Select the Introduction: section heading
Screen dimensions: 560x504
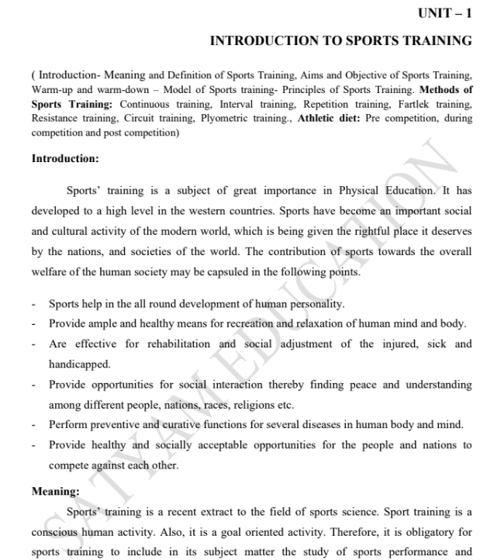click(65, 158)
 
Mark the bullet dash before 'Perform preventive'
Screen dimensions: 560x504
click(34, 425)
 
